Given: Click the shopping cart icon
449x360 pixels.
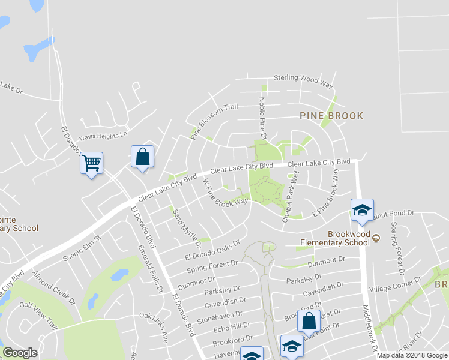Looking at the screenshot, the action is [x=91, y=162].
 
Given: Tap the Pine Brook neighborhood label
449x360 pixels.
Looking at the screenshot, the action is [x=331, y=115].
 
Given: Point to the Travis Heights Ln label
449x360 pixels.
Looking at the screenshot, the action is [x=104, y=136].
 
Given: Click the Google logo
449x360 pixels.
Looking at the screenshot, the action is [x=20, y=353].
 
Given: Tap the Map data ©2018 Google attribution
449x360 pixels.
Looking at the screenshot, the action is [x=412, y=355].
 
